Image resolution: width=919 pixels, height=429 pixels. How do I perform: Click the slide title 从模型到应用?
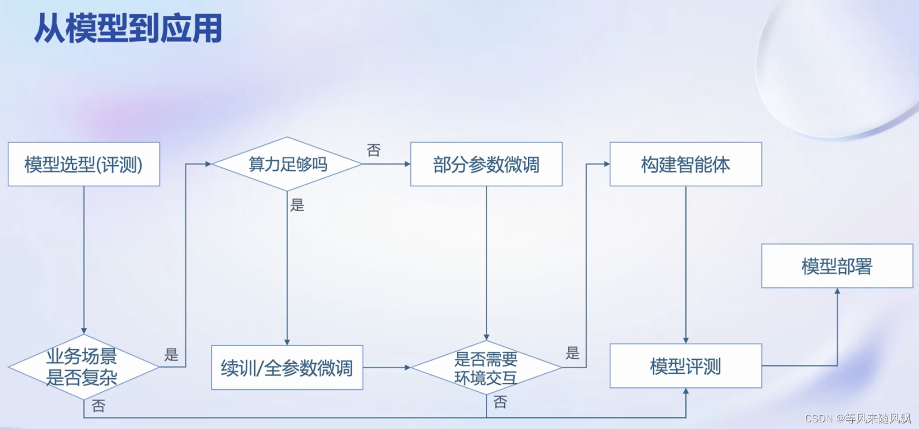click(x=128, y=29)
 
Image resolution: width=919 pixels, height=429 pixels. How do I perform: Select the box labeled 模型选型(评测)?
click(x=84, y=164)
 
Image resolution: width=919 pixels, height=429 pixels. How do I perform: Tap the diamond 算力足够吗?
click(x=287, y=164)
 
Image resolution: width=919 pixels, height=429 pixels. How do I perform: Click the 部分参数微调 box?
click(x=486, y=164)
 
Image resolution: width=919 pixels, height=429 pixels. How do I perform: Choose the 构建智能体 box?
click(x=685, y=164)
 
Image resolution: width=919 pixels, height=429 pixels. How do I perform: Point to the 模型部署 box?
click(x=837, y=266)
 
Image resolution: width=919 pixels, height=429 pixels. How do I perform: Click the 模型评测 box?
click(x=685, y=366)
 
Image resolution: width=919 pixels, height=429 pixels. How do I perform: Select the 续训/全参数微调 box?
click(x=287, y=368)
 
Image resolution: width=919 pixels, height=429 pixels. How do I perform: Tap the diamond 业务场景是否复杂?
click(x=83, y=367)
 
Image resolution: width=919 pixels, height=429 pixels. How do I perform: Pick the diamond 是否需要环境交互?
click(x=486, y=368)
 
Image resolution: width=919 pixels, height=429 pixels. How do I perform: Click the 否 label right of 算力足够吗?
click(x=374, y=150)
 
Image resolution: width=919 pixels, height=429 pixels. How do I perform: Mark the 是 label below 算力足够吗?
click(x=297, y=206)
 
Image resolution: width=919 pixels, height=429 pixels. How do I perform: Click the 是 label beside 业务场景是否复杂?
click(x=171, y=355)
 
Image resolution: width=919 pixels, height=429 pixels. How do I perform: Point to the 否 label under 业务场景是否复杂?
click(x=99, y=406)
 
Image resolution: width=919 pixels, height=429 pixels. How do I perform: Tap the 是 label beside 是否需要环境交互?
click(x=573, y=353)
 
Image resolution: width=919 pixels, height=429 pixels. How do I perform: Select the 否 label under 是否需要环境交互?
click(x=500, y=402)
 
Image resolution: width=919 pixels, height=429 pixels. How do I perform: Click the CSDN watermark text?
click(x=858, y=418)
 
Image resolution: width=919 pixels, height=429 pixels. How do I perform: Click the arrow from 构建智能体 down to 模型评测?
click(x=686, y=265)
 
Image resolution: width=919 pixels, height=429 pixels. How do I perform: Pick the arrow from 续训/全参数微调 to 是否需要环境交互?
click(x=387, y=368)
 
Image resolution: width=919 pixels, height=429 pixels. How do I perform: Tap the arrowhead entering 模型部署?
click(x=837, y=291)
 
